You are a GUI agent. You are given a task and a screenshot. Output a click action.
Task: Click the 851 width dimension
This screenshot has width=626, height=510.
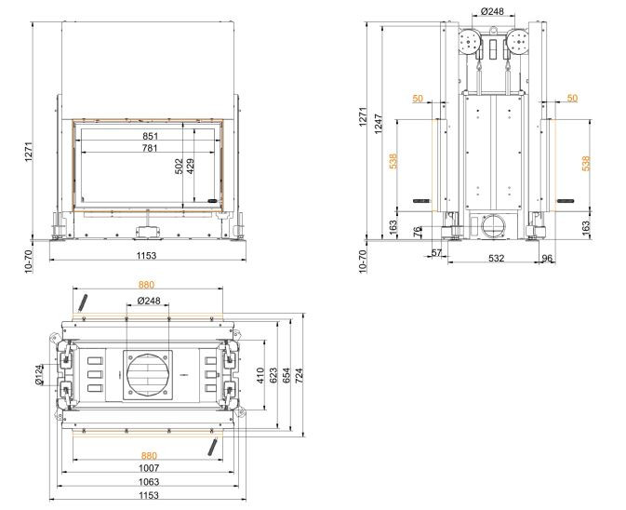[150, 136]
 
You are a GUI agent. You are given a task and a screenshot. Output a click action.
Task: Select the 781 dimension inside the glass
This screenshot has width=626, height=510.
[150, 148]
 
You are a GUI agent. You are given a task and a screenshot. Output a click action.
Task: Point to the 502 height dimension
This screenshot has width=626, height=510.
[179, 167]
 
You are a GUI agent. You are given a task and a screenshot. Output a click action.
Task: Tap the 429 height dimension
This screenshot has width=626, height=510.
[191, 167]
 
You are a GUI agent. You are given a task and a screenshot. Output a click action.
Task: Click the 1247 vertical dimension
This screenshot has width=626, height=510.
[379, 124]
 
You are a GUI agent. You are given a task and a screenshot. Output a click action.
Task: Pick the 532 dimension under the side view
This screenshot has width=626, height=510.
[497, 259]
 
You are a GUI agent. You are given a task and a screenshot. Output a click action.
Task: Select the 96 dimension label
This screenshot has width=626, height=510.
[547, 259]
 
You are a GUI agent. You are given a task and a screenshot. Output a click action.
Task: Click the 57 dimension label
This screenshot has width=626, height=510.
[437, 253]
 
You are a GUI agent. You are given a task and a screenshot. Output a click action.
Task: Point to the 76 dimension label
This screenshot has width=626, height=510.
[418, 232]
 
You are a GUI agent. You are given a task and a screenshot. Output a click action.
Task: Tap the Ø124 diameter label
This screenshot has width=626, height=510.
[39, 375]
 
